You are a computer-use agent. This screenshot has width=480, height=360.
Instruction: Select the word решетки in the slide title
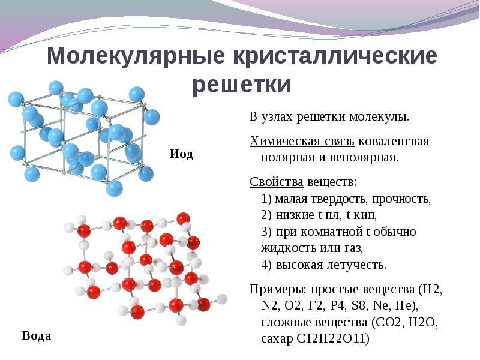pyautogui.click(x=242, y=85)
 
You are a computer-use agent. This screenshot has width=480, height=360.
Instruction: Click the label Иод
pyautogui.click(x=181, y=154)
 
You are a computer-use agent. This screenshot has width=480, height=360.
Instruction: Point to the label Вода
pyautogui.click(x=37, y=335)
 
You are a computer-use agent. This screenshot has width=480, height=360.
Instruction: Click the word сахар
pyautogui.click(x=277, y=339)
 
